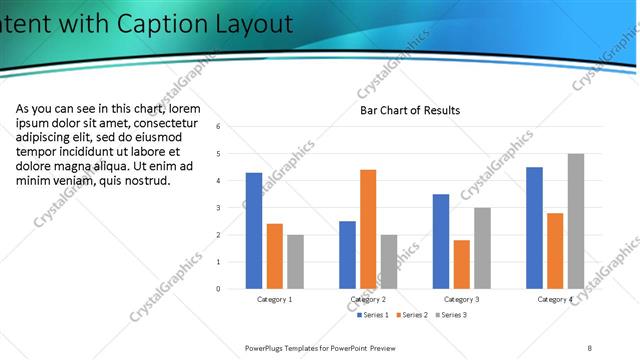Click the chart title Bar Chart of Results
(410, 110)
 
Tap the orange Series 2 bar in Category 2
(368, 229)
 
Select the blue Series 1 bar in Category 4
(534, 227)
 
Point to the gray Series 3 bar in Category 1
(295, 261)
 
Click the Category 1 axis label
(275, 299)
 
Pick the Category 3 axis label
(461, 299)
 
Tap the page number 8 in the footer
(590, 347)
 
